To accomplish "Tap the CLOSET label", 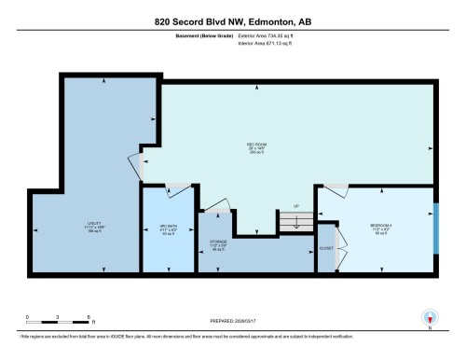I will coord(326,249).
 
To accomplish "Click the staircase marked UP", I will coord(295,222).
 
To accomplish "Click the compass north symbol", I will coord(430,317).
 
